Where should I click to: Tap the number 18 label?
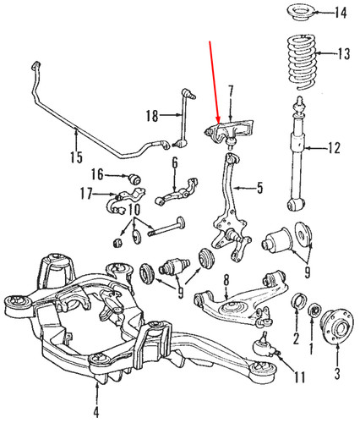pos(151,115)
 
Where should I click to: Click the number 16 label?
pos(97,174)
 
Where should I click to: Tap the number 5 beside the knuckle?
pos(259,187)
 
